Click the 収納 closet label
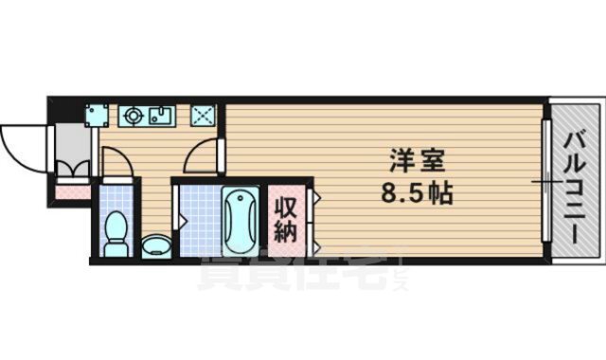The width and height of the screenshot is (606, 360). point(287,217)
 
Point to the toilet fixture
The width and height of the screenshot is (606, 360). point(116,231)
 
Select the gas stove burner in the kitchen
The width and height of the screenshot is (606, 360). point(134,117)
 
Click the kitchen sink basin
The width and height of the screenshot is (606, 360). point(158,117)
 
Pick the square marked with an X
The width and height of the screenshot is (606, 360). point(204,116)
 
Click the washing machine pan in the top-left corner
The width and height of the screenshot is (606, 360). point(95,116)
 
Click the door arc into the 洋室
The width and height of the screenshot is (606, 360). point(201,155)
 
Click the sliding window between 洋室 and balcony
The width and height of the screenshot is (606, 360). point(544,180)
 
